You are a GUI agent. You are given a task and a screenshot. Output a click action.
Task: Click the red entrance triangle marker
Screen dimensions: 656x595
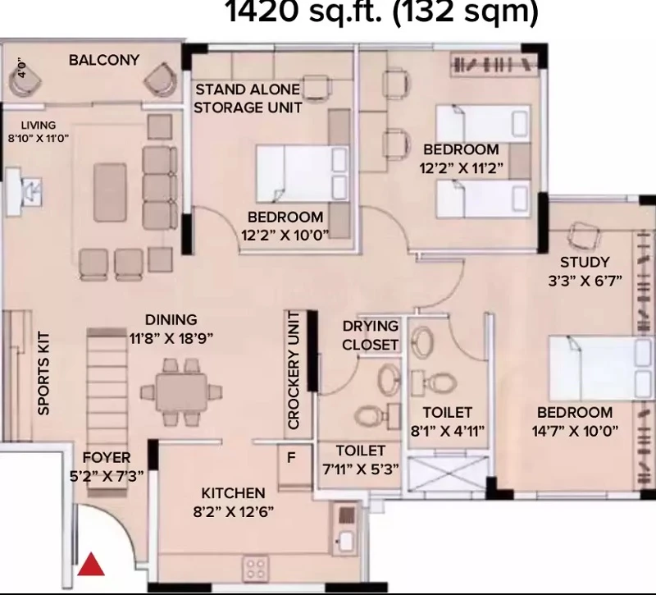pos(91,565)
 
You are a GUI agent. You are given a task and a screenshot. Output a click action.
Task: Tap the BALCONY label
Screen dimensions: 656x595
pos(104,60)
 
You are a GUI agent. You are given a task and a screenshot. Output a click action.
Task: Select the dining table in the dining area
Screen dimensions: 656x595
pos(181,392)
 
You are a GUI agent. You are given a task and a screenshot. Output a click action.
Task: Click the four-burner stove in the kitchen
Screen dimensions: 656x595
pos(256,568)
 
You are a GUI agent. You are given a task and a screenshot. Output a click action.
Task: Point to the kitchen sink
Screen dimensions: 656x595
pos(346,541)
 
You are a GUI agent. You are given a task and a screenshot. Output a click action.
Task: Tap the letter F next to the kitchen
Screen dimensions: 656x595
pos(292,458)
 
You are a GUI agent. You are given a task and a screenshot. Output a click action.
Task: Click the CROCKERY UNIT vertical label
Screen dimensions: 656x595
pos(294,370)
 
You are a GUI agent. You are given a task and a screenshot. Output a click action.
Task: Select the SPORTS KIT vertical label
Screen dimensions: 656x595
pos(43,373)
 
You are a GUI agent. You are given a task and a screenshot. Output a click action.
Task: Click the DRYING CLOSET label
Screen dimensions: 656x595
pos(370,336)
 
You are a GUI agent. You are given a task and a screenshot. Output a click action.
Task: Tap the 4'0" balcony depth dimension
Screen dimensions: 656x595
pos(22,68)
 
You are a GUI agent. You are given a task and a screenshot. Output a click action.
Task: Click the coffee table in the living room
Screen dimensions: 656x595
pos(110,192)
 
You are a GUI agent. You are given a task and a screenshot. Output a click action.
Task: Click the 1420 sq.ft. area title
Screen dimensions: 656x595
pos(382,11)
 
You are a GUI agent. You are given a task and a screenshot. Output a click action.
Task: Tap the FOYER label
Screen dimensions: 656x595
pos(107,457)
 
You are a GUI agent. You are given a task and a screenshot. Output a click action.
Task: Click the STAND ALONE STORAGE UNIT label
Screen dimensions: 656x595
pos(248,98)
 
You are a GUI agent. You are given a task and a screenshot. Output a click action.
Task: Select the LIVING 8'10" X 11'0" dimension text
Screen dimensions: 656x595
pos(38,131)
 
